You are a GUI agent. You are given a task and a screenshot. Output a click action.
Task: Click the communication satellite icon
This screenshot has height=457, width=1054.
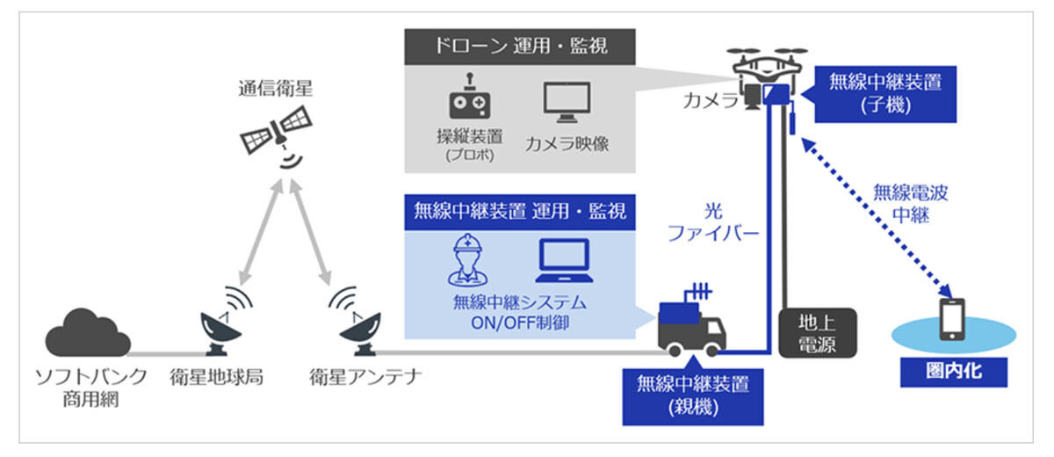(x=276, y=130)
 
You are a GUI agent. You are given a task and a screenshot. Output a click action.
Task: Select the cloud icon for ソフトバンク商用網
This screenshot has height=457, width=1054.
(x=88, y=332)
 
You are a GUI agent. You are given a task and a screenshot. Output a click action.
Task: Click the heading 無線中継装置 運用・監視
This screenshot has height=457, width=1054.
(x=519, y=212)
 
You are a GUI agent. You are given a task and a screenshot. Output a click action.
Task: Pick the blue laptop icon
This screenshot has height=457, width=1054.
(x=565, y=261)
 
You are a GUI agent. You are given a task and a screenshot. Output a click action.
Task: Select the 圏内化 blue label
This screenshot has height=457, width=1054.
(x=954, y=371)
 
